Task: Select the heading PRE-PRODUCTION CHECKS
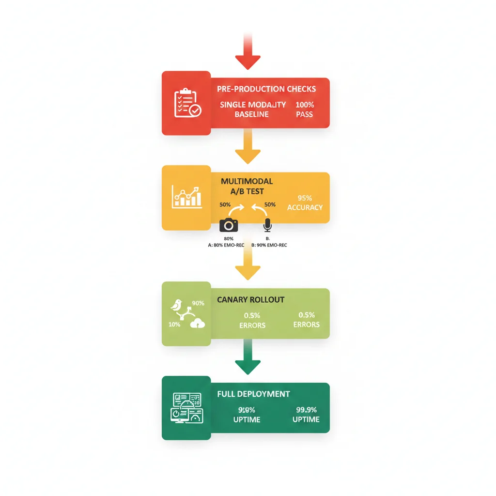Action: click(267, 89)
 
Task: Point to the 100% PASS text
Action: click(304, 109)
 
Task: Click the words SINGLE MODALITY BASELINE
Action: click(253, 109)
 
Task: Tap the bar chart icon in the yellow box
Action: click(186, 197)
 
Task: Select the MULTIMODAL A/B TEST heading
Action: click(247, 186)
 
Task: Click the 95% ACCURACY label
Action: click(304, 202)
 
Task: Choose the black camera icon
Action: click(229, 225)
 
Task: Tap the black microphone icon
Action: click(267, 225)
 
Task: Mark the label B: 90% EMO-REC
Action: click(269, 245)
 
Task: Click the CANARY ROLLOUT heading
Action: click(250, 300)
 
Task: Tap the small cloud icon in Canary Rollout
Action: click(198, 324)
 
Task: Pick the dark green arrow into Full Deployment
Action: click(248, 361)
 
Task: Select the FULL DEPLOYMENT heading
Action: click(253, 394)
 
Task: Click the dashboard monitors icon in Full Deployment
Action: click(186, 406)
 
